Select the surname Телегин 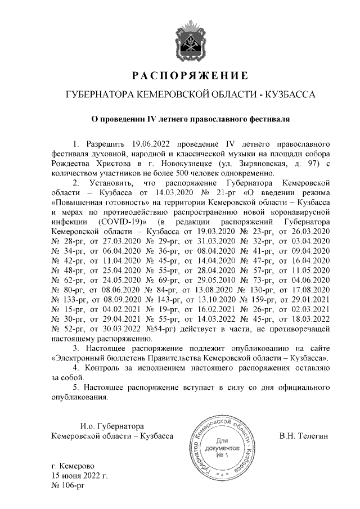click(x=313, y=436)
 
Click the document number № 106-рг click(x=67, y=486)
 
